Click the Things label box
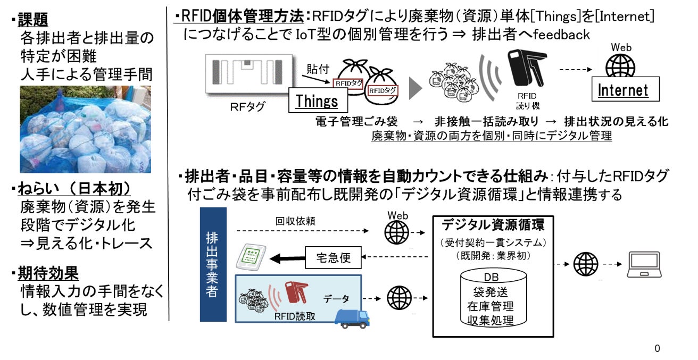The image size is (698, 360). click(x=317, y=101)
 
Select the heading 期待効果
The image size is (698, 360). click(x=48, y=274)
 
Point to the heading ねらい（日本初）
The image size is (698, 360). click(x=74, y=189)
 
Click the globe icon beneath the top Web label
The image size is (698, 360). click(x=620, y=66)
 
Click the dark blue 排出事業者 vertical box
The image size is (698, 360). click(x=213, y=264)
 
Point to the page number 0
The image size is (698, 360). click(x=657, y=348)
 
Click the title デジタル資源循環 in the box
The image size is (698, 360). click(x=493, y=224)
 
